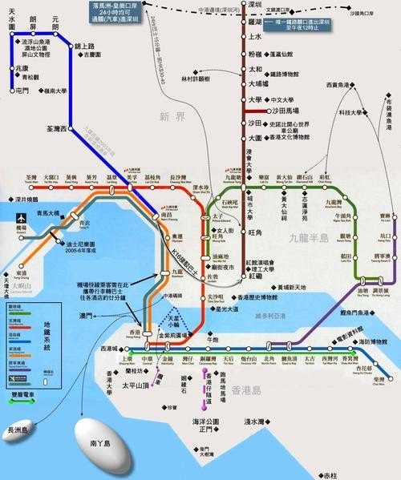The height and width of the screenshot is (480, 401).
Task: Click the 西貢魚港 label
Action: pyautogui.click(x=341, y=84)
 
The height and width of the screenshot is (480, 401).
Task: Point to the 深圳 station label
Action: pyautogui.click(x=256, y=6)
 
